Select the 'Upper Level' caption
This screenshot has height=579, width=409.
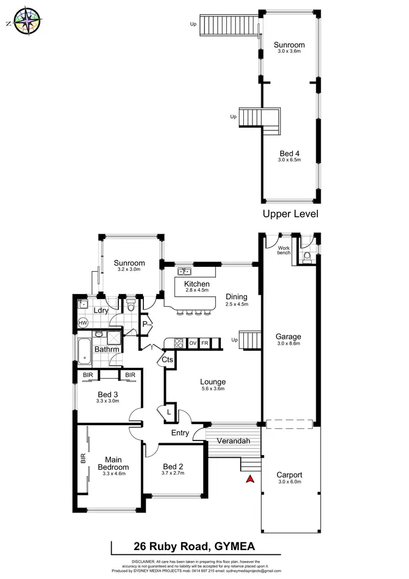click(291, 214)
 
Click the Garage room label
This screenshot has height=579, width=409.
click(288, 337)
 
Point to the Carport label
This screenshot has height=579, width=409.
click(289, 475)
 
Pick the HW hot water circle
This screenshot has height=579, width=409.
click(83, 323)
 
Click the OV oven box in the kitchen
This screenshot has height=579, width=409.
click(193, 343)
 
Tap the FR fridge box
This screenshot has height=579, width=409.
click(205, 343)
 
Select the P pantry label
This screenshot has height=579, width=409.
click(146, 323)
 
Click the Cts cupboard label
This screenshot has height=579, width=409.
click(168, 360)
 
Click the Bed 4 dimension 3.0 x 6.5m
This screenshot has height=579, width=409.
click(290, 160)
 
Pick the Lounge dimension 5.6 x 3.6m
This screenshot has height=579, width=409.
click(213, 389)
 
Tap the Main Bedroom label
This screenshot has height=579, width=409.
click(113, 464)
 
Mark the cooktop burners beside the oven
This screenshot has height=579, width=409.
click(178, 343)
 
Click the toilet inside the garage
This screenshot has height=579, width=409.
click(306, 256)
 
